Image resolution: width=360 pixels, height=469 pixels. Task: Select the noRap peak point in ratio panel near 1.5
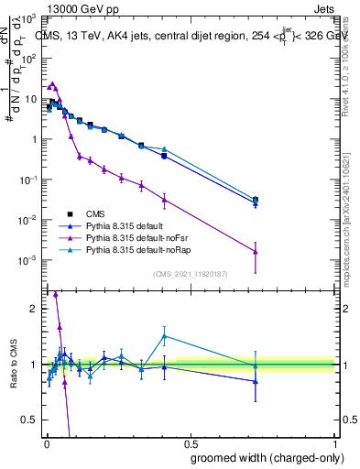(164, 335)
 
